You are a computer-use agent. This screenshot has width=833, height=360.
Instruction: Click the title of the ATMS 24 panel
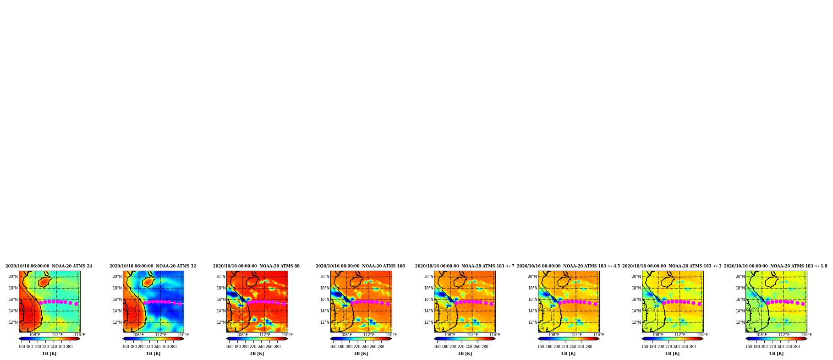click(x=49, y=266)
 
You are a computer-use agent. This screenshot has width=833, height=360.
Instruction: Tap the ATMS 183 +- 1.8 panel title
click(x=776, y=266)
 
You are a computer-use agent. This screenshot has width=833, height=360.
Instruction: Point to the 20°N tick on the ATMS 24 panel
click(x=13, y=277)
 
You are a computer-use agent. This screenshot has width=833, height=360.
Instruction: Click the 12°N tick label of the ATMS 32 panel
click(x=117, y=322)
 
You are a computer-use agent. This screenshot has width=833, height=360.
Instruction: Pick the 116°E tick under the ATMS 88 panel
click(x=287, y=335)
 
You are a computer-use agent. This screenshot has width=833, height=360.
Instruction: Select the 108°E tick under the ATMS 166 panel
click(x=346, y=335)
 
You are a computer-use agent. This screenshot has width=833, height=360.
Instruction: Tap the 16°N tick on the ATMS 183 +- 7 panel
click(x=428, y=300)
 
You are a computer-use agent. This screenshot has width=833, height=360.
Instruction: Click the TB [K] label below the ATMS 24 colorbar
click(x=49, y=354)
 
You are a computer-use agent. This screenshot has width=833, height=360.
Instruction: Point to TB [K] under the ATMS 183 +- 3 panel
click(x=673, y=354)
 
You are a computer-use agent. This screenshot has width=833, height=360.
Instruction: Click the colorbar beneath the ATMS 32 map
click(x=153, y=339)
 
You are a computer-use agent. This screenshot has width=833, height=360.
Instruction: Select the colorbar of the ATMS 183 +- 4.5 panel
click(x=569, y=339)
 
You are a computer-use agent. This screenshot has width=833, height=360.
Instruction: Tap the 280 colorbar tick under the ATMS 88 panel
click(x=277, y=347)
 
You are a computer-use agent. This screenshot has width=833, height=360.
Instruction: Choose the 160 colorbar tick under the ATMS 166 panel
click(x=333, y=347)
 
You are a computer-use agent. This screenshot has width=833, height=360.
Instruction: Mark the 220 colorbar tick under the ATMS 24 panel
click(x=45, y=347)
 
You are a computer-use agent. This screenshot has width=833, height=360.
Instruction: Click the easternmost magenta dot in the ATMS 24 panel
click(x=77, y=304)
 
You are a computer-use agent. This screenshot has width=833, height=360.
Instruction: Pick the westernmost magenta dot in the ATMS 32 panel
click(x=145, y=303)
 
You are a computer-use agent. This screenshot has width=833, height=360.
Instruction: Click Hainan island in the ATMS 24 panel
click(x=44, y=282)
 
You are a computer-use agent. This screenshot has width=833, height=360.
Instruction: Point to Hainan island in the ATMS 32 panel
click(x=148, y=282)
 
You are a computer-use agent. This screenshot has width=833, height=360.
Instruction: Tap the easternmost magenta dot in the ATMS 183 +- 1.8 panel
click(x=803, y=304)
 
